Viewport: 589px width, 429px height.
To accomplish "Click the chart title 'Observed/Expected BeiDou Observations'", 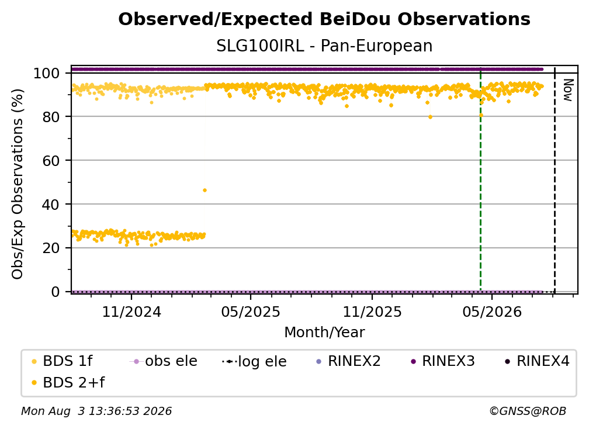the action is [324, 19].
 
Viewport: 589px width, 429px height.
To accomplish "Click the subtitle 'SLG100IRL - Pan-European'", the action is [324, 46].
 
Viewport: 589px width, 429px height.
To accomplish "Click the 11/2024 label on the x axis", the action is [131, 312].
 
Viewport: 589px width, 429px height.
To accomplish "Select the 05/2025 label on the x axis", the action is [251, 312].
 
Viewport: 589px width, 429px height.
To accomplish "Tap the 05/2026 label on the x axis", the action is [492, 312].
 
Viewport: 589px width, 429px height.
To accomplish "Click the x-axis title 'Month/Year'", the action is [324, 332].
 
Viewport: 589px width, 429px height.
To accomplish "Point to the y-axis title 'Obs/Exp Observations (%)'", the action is [18, 184].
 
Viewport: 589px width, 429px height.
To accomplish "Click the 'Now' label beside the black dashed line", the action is [567, 90].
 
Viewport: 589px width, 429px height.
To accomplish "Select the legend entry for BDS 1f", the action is [61, 361].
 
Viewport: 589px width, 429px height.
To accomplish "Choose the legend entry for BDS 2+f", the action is [68, 382].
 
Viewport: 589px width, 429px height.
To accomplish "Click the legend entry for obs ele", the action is [163, 361].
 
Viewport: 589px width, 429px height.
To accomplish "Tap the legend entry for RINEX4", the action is [537, 361].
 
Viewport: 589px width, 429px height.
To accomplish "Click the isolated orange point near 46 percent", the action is [205, 191].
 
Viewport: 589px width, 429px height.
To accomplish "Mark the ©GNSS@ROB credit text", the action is [528, 411].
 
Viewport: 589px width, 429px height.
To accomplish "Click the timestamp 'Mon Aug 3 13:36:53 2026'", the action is [96, 411].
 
